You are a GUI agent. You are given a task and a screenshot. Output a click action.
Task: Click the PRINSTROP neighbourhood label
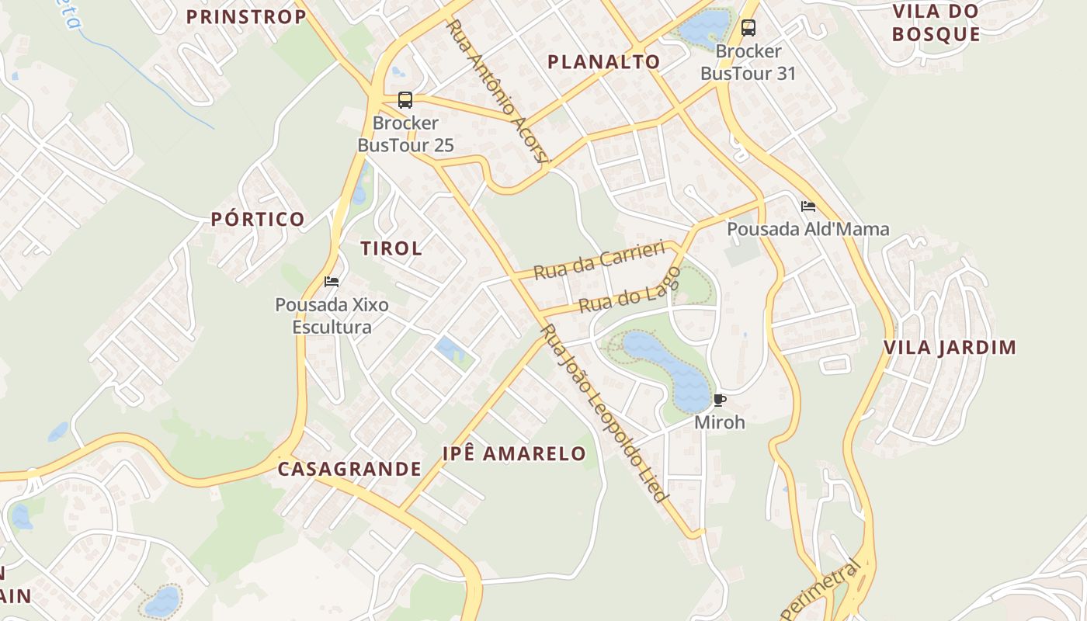(x=246, y=17)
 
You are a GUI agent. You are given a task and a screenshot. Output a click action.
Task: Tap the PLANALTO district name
(x=604, y=62)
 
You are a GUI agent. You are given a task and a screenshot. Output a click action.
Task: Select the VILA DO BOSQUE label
(x=936, y=23)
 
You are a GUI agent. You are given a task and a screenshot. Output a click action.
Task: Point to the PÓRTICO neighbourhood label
(x=258, y=219)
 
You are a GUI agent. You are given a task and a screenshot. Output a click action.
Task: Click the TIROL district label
(x=392, y=248)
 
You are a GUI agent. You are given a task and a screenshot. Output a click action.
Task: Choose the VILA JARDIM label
(x=950, y=347)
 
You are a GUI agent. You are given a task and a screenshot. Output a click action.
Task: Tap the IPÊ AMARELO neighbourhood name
(x=514, y=454)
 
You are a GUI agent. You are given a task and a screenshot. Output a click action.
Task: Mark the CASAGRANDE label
(x=349, y=469)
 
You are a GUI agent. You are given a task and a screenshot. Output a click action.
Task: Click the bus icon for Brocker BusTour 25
(x=405, y=99)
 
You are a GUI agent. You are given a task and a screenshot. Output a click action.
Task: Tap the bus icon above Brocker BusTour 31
(x=748, y=28)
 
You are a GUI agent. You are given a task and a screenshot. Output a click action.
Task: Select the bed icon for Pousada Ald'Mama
(x=808, y=206)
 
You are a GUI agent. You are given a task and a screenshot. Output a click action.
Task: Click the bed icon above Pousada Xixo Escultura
(x=332, y=281)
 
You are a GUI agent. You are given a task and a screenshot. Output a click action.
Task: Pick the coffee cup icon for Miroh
(x=720, y=401)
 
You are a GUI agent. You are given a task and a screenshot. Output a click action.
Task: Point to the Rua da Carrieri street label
(x=599, y=260)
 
